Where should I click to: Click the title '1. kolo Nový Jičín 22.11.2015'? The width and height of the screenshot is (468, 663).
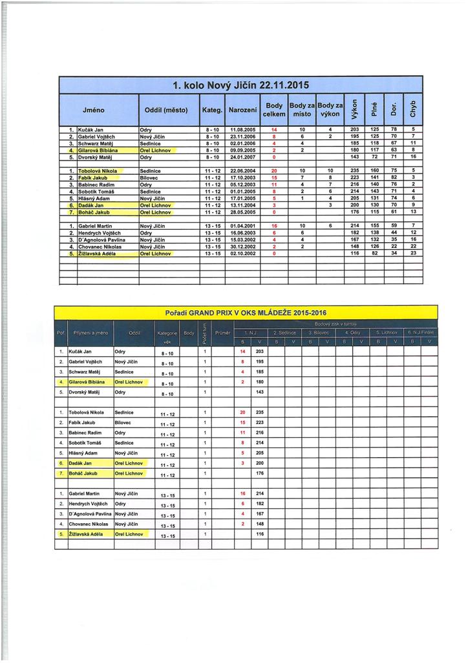(x=240, y=85)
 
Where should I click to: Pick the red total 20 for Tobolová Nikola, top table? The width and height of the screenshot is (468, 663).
(x=274, y=170)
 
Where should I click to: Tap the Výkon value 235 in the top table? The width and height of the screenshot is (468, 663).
(x=354, y=170)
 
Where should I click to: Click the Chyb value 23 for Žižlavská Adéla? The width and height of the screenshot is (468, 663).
(x=413, y=253)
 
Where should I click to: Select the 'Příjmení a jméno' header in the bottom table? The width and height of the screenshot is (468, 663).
(x=90, y=332)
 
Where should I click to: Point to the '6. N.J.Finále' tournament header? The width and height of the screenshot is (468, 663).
(x=421, y=331)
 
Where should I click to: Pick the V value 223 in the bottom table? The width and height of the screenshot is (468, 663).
(x=260, y=421)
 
